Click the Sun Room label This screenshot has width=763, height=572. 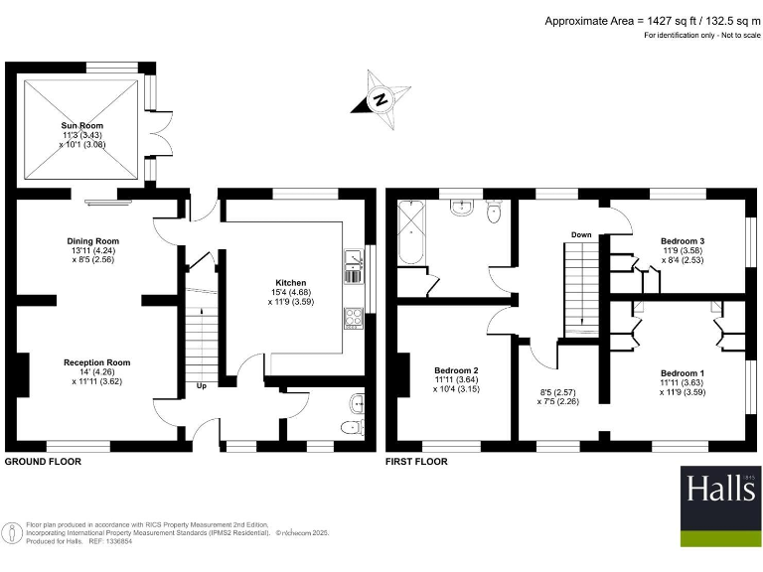click(x=82, y=126)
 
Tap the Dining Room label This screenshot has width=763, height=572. click(x=93, y=241)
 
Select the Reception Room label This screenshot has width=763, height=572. click(x=97, y=362)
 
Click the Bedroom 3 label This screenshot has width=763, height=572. click(x=683, y=241)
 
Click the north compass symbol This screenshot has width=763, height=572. click(x=381, y=98)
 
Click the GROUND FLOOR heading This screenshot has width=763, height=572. click(x=44, y=462)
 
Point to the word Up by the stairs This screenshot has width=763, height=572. click(x=202, y=386)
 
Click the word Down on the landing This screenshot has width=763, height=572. click(x=582, y=235)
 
